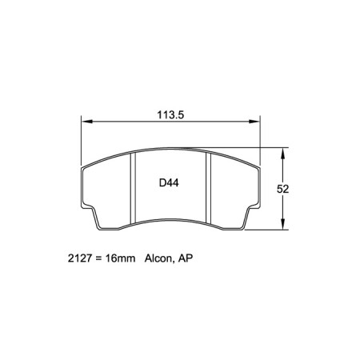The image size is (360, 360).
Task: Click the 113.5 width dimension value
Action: click(x=170, y=114)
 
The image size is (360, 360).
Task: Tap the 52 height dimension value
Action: click(x=282, y=190)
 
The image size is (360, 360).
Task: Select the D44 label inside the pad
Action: click(x=168, y=183)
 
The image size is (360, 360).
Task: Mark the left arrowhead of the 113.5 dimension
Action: click(x=85, y=122)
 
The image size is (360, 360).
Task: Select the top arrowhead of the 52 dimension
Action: click(x=282, y=151)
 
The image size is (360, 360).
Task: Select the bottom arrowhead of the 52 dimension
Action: click(x=282, y=226)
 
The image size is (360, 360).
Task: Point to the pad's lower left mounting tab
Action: click(x=100, y=220)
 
